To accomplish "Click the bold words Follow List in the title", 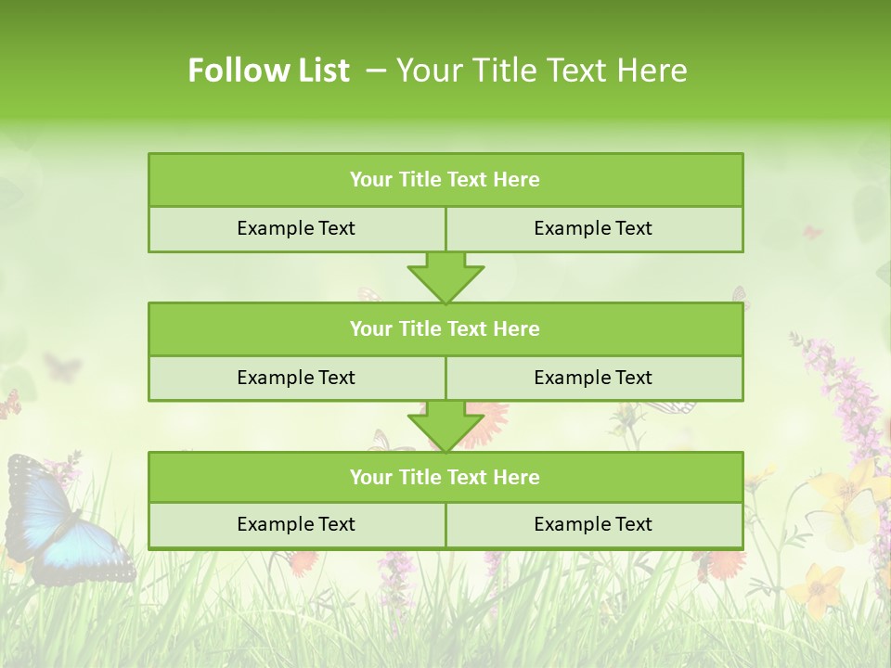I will pyautogui.click(x=268, y=71).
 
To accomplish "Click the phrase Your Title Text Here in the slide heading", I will pyautogui.click(x=541, y=71).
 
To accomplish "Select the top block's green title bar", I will pyautogui.click(x=445, y=180).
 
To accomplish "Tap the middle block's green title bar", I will pyautogui.click(x=445, y=329).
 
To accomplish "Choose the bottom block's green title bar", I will pyautogui.click(x=445, y=478).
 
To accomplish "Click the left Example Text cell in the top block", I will pyautogui.click(x=296, y=229).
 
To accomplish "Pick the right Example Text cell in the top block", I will pyautogui.click(x=593, y=229).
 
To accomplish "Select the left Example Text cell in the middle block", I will pyautogui.click(x=296, y=378).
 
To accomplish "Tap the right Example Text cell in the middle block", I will pyautogui.click(x=593, y=378).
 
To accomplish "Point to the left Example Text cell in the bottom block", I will pyautogui.click(x=296, y=525).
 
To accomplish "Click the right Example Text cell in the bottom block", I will pyautogui.click(x=593, y=525).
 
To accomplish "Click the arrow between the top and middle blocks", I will pyautogui.click(x=445, y=277).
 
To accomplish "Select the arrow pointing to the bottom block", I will pyautogui.click(x=445, y=426).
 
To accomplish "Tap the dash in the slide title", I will pyautogui.click(x=376, y=71).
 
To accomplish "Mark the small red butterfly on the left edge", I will pyautogui.click(x=9, y=404).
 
